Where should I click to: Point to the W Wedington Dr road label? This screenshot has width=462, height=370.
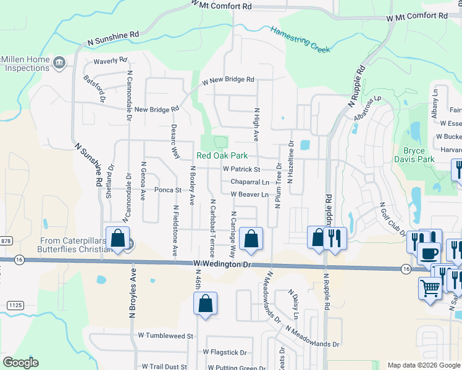coord(223,264)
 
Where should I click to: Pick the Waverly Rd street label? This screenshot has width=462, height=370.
coord(110,61)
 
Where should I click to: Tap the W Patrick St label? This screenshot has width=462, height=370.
coord(241,169)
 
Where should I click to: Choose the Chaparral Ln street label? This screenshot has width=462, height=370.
coord(250,182)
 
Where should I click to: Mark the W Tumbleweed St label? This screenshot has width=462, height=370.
coord(166,336)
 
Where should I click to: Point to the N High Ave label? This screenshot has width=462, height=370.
coord(256,124)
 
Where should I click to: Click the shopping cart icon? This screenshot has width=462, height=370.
coord(430,287)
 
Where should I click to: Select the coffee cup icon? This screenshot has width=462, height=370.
coord(428,252)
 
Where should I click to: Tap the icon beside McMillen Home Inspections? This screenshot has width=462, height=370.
coord(59,62)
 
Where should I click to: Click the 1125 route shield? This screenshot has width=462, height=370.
coord(15,305)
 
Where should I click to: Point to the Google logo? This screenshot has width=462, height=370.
coord(20,363)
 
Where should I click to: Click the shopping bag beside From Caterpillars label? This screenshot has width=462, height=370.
coord(117,238)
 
